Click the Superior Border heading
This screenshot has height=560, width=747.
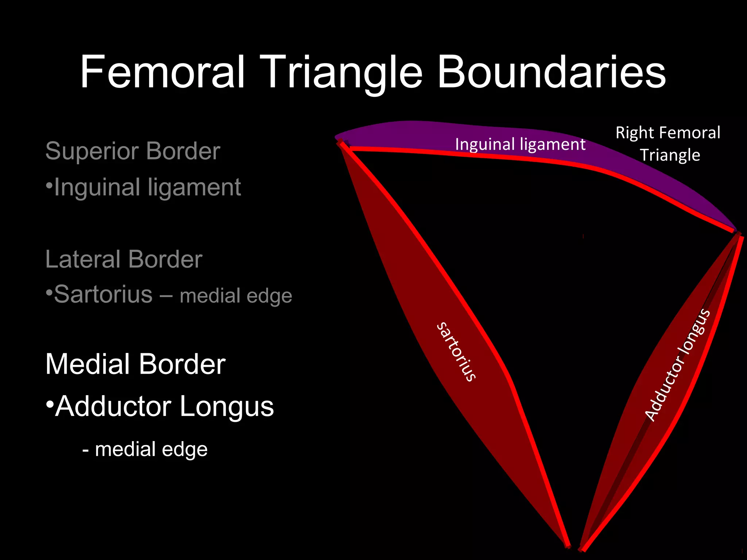click(133, 151)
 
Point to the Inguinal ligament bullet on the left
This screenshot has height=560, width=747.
click(147, 187)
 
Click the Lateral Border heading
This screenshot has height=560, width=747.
click(124, 259)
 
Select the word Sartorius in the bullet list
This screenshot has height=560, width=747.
click(103, 294)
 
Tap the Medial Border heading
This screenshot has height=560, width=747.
click(135, 364)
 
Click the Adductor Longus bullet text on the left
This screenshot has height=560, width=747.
click(165, 406)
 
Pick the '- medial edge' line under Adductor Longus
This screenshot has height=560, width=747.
click(145, 449)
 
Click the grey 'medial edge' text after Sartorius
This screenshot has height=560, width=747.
click(236, 296)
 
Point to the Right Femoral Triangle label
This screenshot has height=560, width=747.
click(668, 144)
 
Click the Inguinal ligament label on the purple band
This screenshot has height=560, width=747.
click(520, 144)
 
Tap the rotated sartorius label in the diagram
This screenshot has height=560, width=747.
click(456, 352)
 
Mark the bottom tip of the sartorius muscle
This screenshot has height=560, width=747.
click(567, 545)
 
